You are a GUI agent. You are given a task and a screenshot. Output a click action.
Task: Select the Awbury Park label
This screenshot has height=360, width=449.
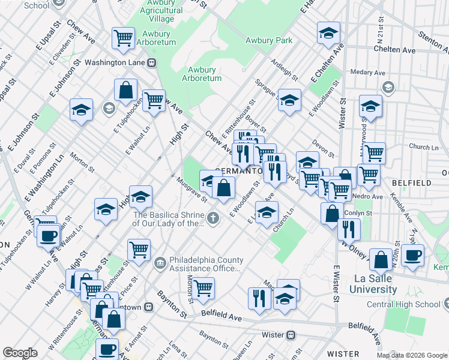pos(268,40)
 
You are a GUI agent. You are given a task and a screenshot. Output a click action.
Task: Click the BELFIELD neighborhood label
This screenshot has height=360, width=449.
pos(429,182)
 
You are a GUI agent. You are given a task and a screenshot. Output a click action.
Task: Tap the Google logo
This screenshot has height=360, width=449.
pos(20,353)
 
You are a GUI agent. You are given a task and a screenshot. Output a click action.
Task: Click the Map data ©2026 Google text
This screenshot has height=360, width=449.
pos(411,355)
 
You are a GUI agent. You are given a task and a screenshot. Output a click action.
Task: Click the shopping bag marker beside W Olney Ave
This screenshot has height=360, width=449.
pos(332,213)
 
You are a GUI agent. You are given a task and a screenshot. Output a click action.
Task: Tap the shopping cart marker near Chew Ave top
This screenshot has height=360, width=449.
pos(122,37)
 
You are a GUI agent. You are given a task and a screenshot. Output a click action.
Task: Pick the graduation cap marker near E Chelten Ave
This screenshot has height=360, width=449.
pos(328,34)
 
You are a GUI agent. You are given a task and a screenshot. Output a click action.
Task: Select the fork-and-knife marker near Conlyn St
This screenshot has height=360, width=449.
pos(348,228)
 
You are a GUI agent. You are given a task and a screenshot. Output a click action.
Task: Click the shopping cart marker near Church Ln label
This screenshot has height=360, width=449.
pos(375,152)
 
